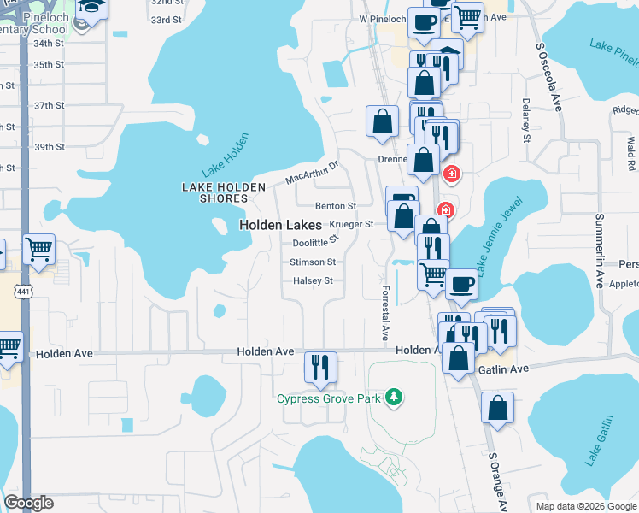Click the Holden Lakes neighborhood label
click(280, 225)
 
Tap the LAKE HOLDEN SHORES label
click(215, 192)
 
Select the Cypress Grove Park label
click(328, 398)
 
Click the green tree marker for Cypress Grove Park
click(393, 397)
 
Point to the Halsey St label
click(313, 280)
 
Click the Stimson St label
click(313, 262)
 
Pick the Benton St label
click(335, 206)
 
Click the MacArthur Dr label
click(312, 171)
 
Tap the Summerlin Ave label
click(599, 251)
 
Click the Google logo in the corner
click(29, 503)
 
